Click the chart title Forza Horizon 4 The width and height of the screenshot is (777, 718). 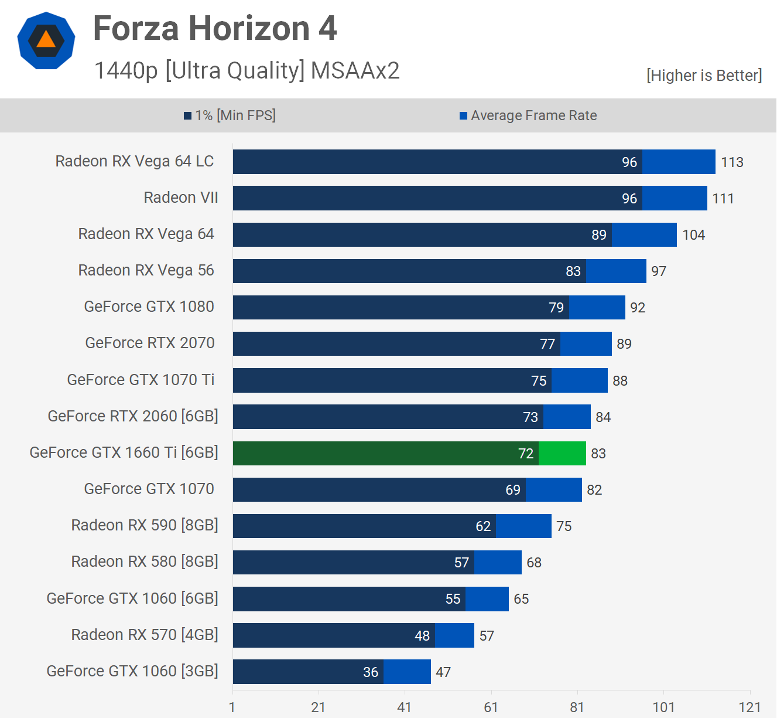coord(215,28)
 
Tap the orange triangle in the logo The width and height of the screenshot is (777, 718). coord(46,40)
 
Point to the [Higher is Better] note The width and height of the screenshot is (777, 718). coord(704,76)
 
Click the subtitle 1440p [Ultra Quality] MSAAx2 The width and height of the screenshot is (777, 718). coord(247,70)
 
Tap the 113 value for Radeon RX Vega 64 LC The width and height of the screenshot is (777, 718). coord(732,162)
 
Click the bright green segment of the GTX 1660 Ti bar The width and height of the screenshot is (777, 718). coord(562,454)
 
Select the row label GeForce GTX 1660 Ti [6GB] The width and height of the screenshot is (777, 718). coord(124,452)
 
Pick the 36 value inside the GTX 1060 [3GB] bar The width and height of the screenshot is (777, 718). coord(371,672)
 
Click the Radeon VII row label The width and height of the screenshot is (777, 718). coord(181,198)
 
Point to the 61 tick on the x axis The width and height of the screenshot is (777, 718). coord(491,707)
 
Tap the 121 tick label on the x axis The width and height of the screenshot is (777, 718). coord(749,707)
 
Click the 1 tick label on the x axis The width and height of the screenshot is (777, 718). coord(232,707)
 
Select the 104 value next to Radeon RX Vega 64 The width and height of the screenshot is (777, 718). coord(693,235)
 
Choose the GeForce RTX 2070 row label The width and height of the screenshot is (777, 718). coord(150,343)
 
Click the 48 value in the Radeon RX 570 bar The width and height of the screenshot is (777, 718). coord(422,636)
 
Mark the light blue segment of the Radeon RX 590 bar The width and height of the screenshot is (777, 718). coord(523,526)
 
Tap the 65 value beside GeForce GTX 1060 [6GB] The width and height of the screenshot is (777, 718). coord(521,599)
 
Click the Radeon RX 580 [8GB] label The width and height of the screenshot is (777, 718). coord(145,562)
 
